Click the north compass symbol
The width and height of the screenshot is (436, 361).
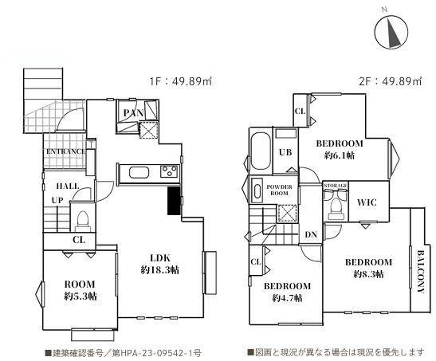391,31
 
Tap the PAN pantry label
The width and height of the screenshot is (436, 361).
134,113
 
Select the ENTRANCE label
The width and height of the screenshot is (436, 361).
66,151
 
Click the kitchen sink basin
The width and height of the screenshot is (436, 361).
139,172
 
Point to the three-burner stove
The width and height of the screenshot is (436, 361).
169,171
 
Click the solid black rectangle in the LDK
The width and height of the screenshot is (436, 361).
174,201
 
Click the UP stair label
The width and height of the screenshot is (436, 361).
57,200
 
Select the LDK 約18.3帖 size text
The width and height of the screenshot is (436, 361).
160,270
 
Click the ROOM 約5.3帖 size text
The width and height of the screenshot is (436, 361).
81,296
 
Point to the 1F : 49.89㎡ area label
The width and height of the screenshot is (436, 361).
181,81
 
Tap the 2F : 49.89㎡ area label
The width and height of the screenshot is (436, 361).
391,81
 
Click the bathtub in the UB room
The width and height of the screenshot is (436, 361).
261,151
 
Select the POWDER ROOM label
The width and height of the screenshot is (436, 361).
279,190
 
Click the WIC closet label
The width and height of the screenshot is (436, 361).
367,202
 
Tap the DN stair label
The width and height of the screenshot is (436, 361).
311,234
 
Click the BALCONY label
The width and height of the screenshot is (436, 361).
420,272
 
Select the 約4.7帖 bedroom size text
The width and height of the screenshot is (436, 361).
287,298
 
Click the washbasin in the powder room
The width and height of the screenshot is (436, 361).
257,191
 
